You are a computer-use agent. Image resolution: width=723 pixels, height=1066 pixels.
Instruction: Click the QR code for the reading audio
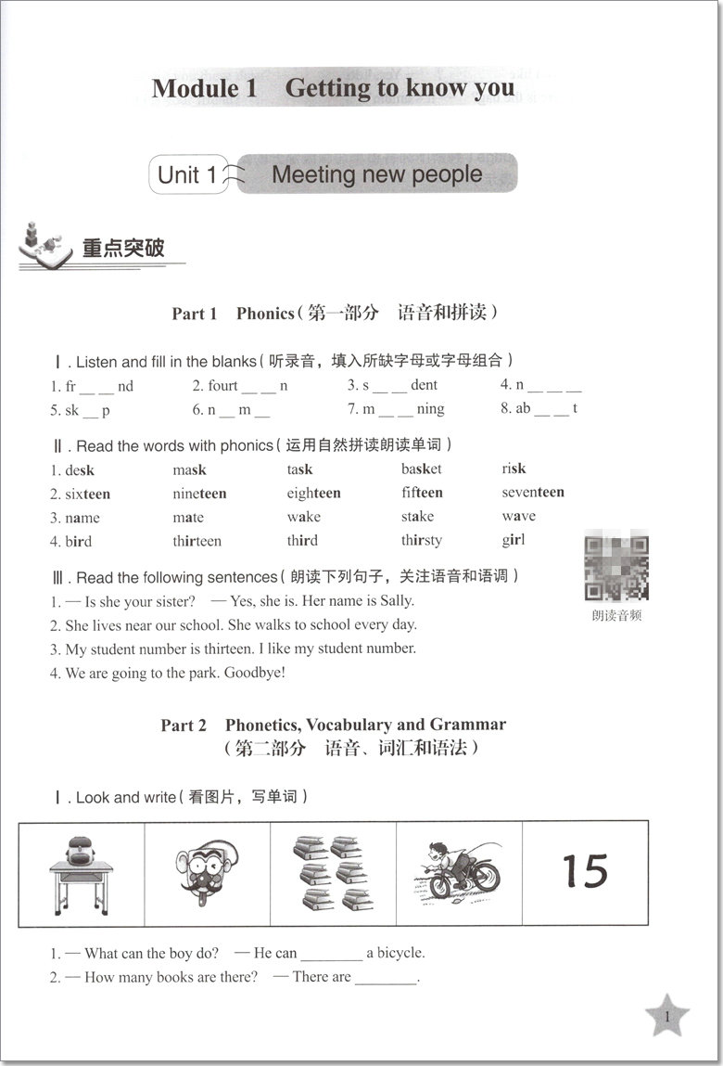coord(616,567)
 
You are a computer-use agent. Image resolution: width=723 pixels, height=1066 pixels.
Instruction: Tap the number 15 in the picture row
coord(585,872)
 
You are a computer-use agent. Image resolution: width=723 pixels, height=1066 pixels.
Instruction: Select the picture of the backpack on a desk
coord(81,872)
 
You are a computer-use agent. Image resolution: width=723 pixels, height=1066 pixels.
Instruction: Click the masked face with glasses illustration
coord(206,872)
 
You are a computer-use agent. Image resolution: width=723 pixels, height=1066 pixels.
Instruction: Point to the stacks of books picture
coord(332,872)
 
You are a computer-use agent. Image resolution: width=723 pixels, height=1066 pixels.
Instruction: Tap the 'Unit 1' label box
coord(188,174)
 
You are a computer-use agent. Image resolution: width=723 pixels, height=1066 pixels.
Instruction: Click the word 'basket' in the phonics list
coord(422,469)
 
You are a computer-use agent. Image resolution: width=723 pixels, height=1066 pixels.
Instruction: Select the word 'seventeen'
coord(533,493)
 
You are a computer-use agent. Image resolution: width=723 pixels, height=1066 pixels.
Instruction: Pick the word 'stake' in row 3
coord(417,517)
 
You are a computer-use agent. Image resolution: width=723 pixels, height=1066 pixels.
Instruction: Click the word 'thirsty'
coord(422,541)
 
